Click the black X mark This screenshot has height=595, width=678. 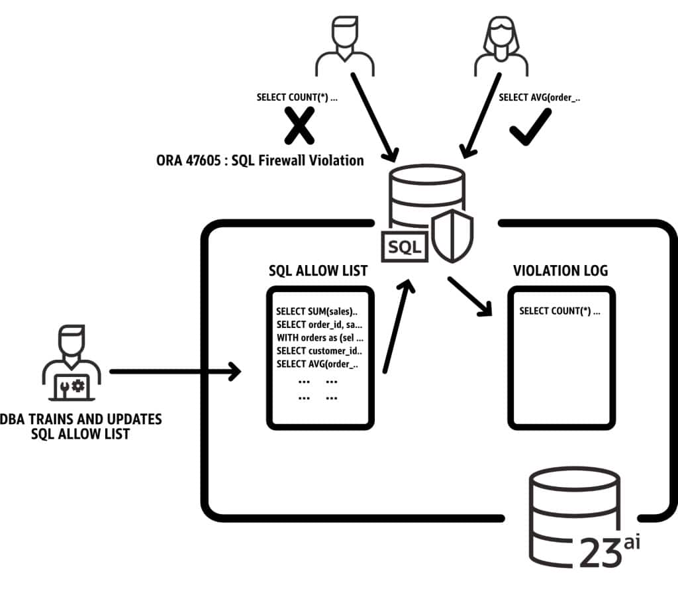click(299, 127)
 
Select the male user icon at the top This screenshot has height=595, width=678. click(344, 46)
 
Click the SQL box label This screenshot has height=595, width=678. click(405, 246)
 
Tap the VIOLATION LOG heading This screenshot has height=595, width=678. click(560, 271)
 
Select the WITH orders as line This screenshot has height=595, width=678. click(319, 337)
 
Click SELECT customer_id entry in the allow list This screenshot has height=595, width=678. click(319, 351)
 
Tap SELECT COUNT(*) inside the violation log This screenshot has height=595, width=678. click(559, 311)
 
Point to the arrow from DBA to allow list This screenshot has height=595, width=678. click(175, 372)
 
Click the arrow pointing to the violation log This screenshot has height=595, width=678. click(471, 296)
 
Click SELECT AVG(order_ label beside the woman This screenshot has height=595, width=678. click(539, 97)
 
